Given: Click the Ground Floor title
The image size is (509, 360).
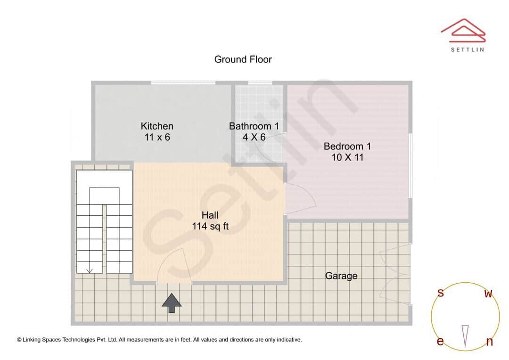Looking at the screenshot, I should pyautogui.click(x=243, y=59).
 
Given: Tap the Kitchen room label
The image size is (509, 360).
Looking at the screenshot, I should pyautogui.click(x=157, y=126).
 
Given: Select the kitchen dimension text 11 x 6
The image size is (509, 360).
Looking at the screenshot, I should pyautogui.click(x=157, y=138).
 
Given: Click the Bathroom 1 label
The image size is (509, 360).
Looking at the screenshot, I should pyautogui.click(x=254, y=126).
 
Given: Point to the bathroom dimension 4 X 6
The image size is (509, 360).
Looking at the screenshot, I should pyautogui.click(x=254, y=138).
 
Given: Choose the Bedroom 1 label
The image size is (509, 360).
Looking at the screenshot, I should pyautogui.click(x=347, y=146).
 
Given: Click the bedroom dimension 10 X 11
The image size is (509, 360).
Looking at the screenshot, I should pyautogui.click(x=347, y=157).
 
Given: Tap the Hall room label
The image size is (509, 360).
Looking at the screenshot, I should pyautogui.click(x=210, y=215).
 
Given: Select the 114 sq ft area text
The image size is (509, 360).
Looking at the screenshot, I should pyautogui.click(x=210, y=227).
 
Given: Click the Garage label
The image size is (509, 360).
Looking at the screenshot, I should pyautogui.click(x=341, y=276).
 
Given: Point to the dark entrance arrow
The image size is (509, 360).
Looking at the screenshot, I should pyautogui.click(x=172, y=303).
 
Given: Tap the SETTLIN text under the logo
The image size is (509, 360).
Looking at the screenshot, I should pyautogui.click(x=467, y=49).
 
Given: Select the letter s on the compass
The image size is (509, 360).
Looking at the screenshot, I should pyautogui.click(x=441, y=293).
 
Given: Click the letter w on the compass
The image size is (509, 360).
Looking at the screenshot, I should pyautogui.click(x=488, y=294).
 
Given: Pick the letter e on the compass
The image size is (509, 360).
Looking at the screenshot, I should pyautogui.click(x=440, y=342).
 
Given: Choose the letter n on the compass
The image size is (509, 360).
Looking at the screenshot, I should pyautogui.click(x=489, y=342).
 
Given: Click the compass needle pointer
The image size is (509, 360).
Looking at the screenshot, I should pyautogui.click(x=465, y=335).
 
